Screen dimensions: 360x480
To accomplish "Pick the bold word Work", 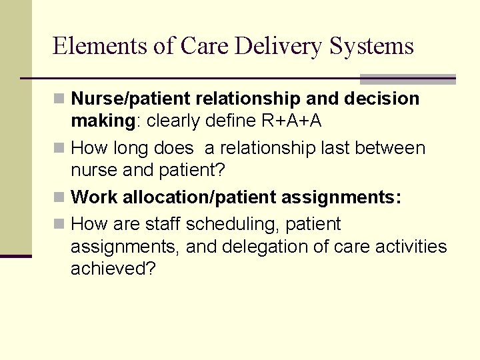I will [x=92, y=197].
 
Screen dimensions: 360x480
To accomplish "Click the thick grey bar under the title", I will [x=407, y=79].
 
